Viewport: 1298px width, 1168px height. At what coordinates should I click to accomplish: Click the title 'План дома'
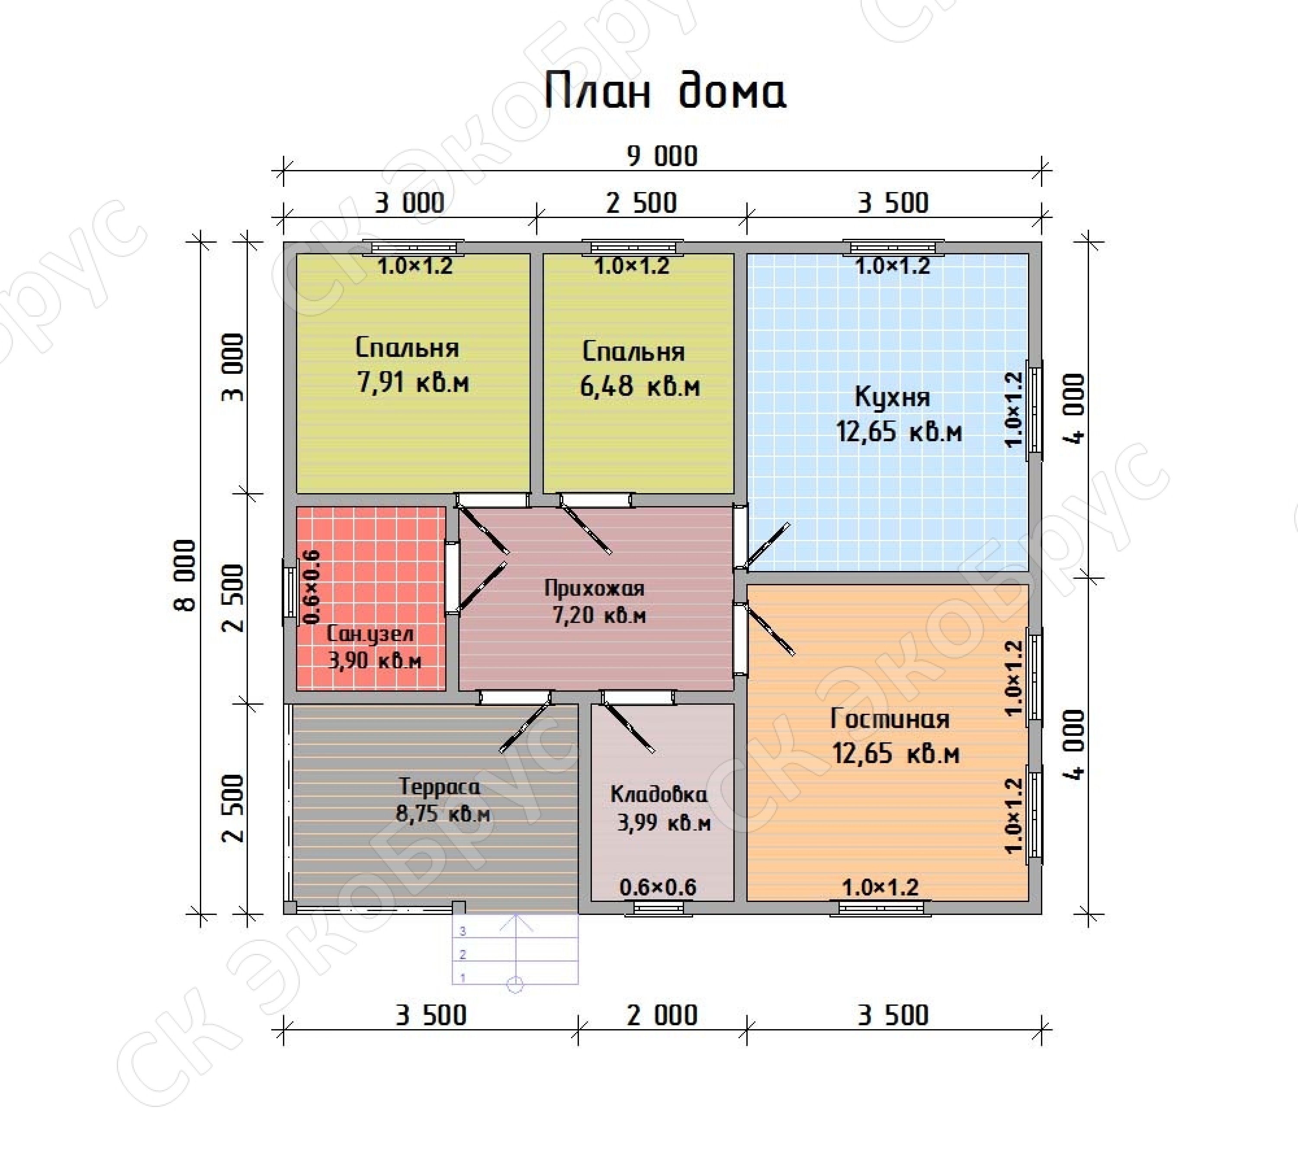(x=665, y=90)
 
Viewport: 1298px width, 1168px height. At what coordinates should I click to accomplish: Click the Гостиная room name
(x=890, y=719)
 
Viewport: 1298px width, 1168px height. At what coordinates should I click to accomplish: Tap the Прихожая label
(x=594, y=588)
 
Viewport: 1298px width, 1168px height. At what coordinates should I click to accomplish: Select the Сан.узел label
(x=370, y=635)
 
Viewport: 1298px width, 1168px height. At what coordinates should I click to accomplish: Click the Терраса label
(x=440, y=787)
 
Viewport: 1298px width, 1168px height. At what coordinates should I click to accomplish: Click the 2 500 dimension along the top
(x=641, y=203)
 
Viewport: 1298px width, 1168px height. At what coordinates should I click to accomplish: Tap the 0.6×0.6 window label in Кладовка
(x=658, y=888)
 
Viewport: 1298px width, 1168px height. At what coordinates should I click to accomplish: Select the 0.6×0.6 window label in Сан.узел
(x=311, y=587)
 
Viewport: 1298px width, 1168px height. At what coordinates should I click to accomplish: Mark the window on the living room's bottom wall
(x=880, y=908)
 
